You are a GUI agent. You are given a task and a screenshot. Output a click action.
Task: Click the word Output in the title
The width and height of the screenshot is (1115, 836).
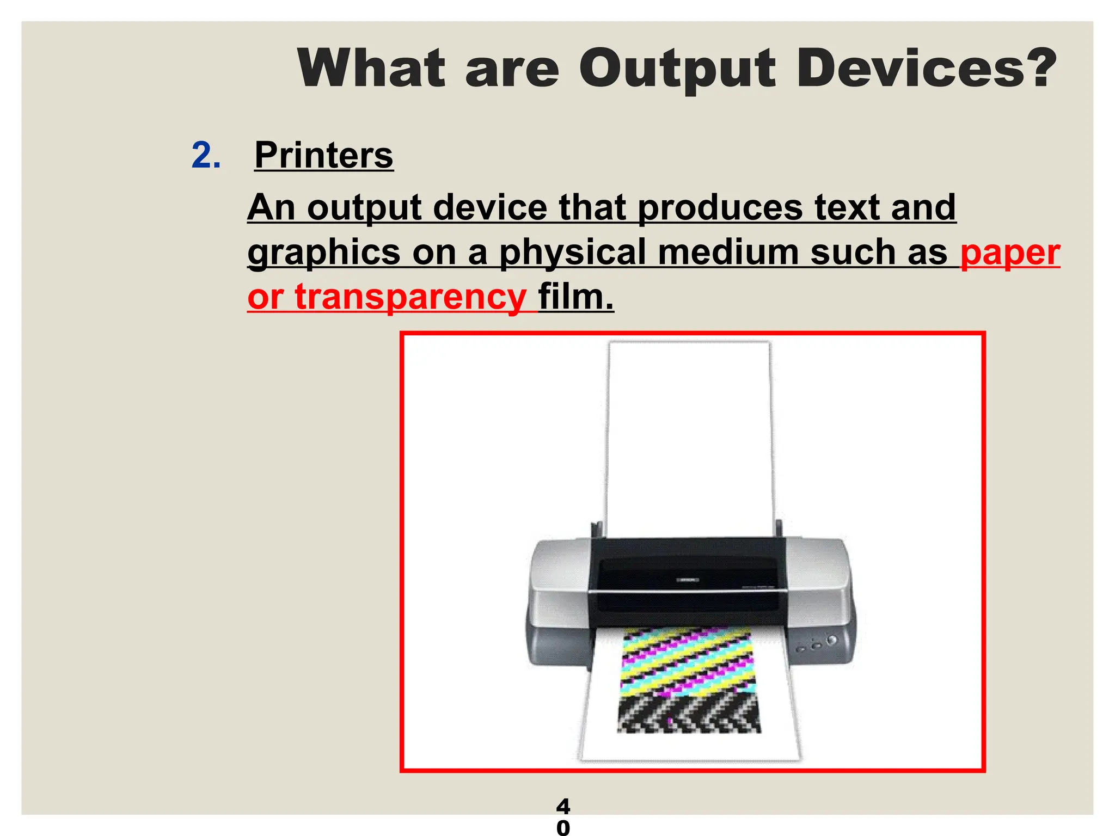point(677,69)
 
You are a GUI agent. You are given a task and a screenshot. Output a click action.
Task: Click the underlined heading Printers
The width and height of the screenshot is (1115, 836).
point(323,156)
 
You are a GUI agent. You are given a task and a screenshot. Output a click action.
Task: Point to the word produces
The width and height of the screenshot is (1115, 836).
point(720,208)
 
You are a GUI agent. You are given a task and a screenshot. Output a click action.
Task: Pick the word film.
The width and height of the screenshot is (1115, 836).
point(576,297)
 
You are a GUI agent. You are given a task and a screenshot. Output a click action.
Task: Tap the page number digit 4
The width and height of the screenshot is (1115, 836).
point(563,806)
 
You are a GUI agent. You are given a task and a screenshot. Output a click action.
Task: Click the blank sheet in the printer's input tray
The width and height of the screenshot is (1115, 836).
point(689,435)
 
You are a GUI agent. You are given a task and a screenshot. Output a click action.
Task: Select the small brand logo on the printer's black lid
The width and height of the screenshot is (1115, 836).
point(687,580)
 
